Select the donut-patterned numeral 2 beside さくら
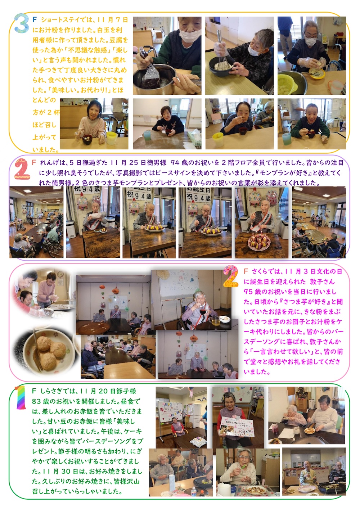(x=231, y=276)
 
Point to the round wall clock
(x=60, y=274)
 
